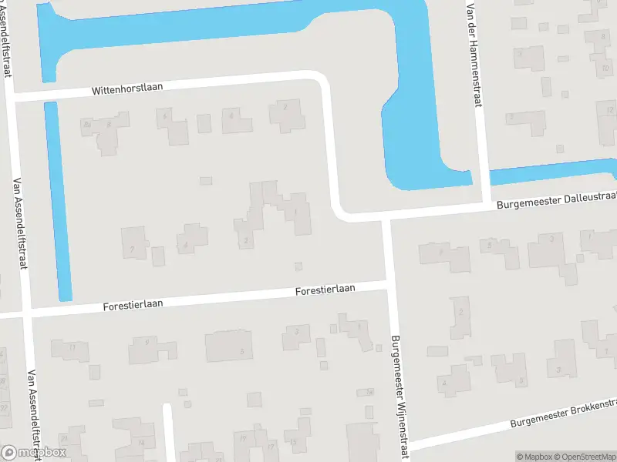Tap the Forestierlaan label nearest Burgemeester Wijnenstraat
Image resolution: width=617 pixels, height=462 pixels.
pos(325,290)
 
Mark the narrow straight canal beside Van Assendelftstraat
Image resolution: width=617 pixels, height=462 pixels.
pos(58,200)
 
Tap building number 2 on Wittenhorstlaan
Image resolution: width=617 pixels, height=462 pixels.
pos(285,114)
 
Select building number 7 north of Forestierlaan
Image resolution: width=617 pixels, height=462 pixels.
pos(133,244)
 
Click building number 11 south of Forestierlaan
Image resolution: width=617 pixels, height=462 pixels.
pos(71,348)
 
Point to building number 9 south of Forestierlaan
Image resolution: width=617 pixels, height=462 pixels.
pos(144,348)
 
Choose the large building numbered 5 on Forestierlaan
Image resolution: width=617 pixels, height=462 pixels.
pos(230,346)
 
